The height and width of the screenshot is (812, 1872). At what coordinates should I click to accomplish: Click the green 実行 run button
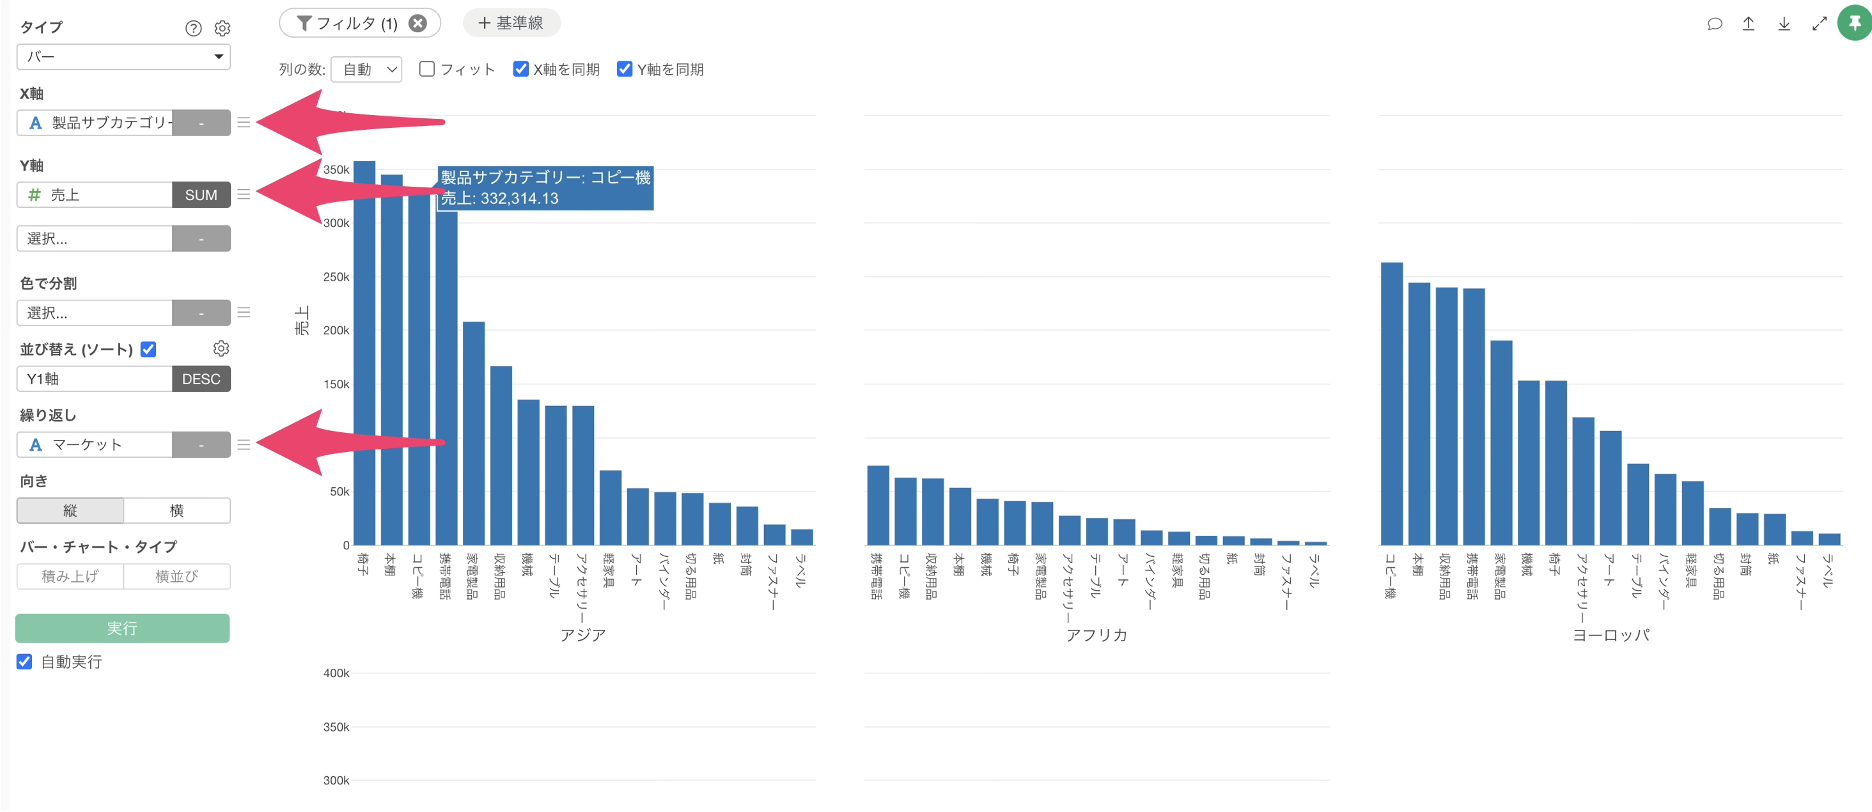click(122, 628)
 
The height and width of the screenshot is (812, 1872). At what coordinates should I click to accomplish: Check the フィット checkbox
click(427, 69)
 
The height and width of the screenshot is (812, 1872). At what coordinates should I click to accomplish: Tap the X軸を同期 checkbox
click(520, 69)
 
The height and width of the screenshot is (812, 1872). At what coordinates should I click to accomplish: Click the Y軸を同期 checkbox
click(624, 69)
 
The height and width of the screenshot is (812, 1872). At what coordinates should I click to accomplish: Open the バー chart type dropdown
click(123, 57)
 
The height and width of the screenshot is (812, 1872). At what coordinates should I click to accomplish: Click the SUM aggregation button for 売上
click(201, 195)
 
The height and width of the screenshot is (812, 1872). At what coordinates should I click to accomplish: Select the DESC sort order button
click(201, 379)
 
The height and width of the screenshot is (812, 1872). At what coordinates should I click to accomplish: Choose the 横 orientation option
click(176, 510)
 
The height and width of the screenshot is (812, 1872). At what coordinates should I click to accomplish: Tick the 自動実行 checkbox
click(25, 662)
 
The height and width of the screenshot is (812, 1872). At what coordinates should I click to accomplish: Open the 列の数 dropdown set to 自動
click(366, 69)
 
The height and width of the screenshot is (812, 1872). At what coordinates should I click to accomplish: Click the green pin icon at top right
click(1854, 23)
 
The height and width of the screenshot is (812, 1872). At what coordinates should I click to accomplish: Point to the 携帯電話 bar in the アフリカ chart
click(878, 505)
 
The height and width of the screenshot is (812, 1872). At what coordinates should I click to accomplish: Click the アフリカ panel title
click(1096, 635)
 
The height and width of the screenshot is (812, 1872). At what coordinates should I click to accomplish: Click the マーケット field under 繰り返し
click(95, 445)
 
